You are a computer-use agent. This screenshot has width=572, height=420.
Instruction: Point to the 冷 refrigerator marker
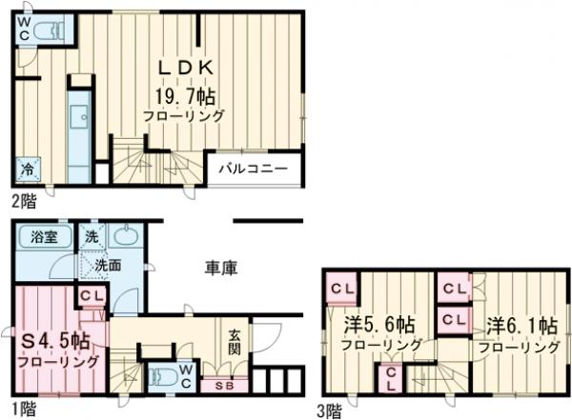(x=28, y=171)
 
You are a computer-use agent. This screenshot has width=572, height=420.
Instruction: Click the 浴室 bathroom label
(x=42, y=237)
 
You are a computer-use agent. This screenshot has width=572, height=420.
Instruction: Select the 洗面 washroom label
(x=107, y=266)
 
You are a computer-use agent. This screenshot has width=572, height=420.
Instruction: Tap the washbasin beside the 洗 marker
(x=125, y=236)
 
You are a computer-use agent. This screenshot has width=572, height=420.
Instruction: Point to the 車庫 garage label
(x=220, y=270)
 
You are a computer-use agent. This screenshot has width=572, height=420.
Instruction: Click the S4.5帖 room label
(x=56, y=340)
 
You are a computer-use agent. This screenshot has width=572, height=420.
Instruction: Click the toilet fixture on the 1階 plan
(x=163, y=374)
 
